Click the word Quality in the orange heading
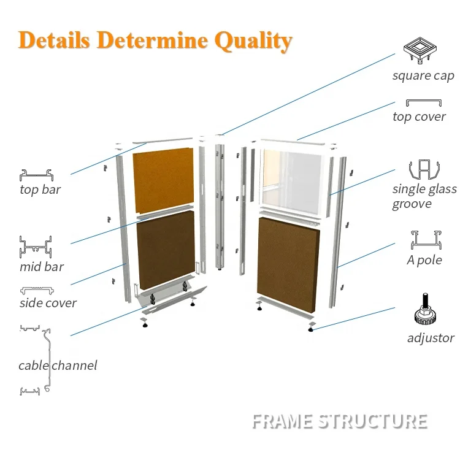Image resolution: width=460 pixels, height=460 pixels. coord(253,41)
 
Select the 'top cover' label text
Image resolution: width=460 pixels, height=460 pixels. coord(419,117)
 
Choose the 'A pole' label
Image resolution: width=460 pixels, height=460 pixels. coord(424,260)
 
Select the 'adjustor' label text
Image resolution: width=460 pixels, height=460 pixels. coord(431,338)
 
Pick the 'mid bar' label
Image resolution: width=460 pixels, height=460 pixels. coord(42,267)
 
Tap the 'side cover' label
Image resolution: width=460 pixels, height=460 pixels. coord(48,303)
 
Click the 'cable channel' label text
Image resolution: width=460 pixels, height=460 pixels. coord(58,366)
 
